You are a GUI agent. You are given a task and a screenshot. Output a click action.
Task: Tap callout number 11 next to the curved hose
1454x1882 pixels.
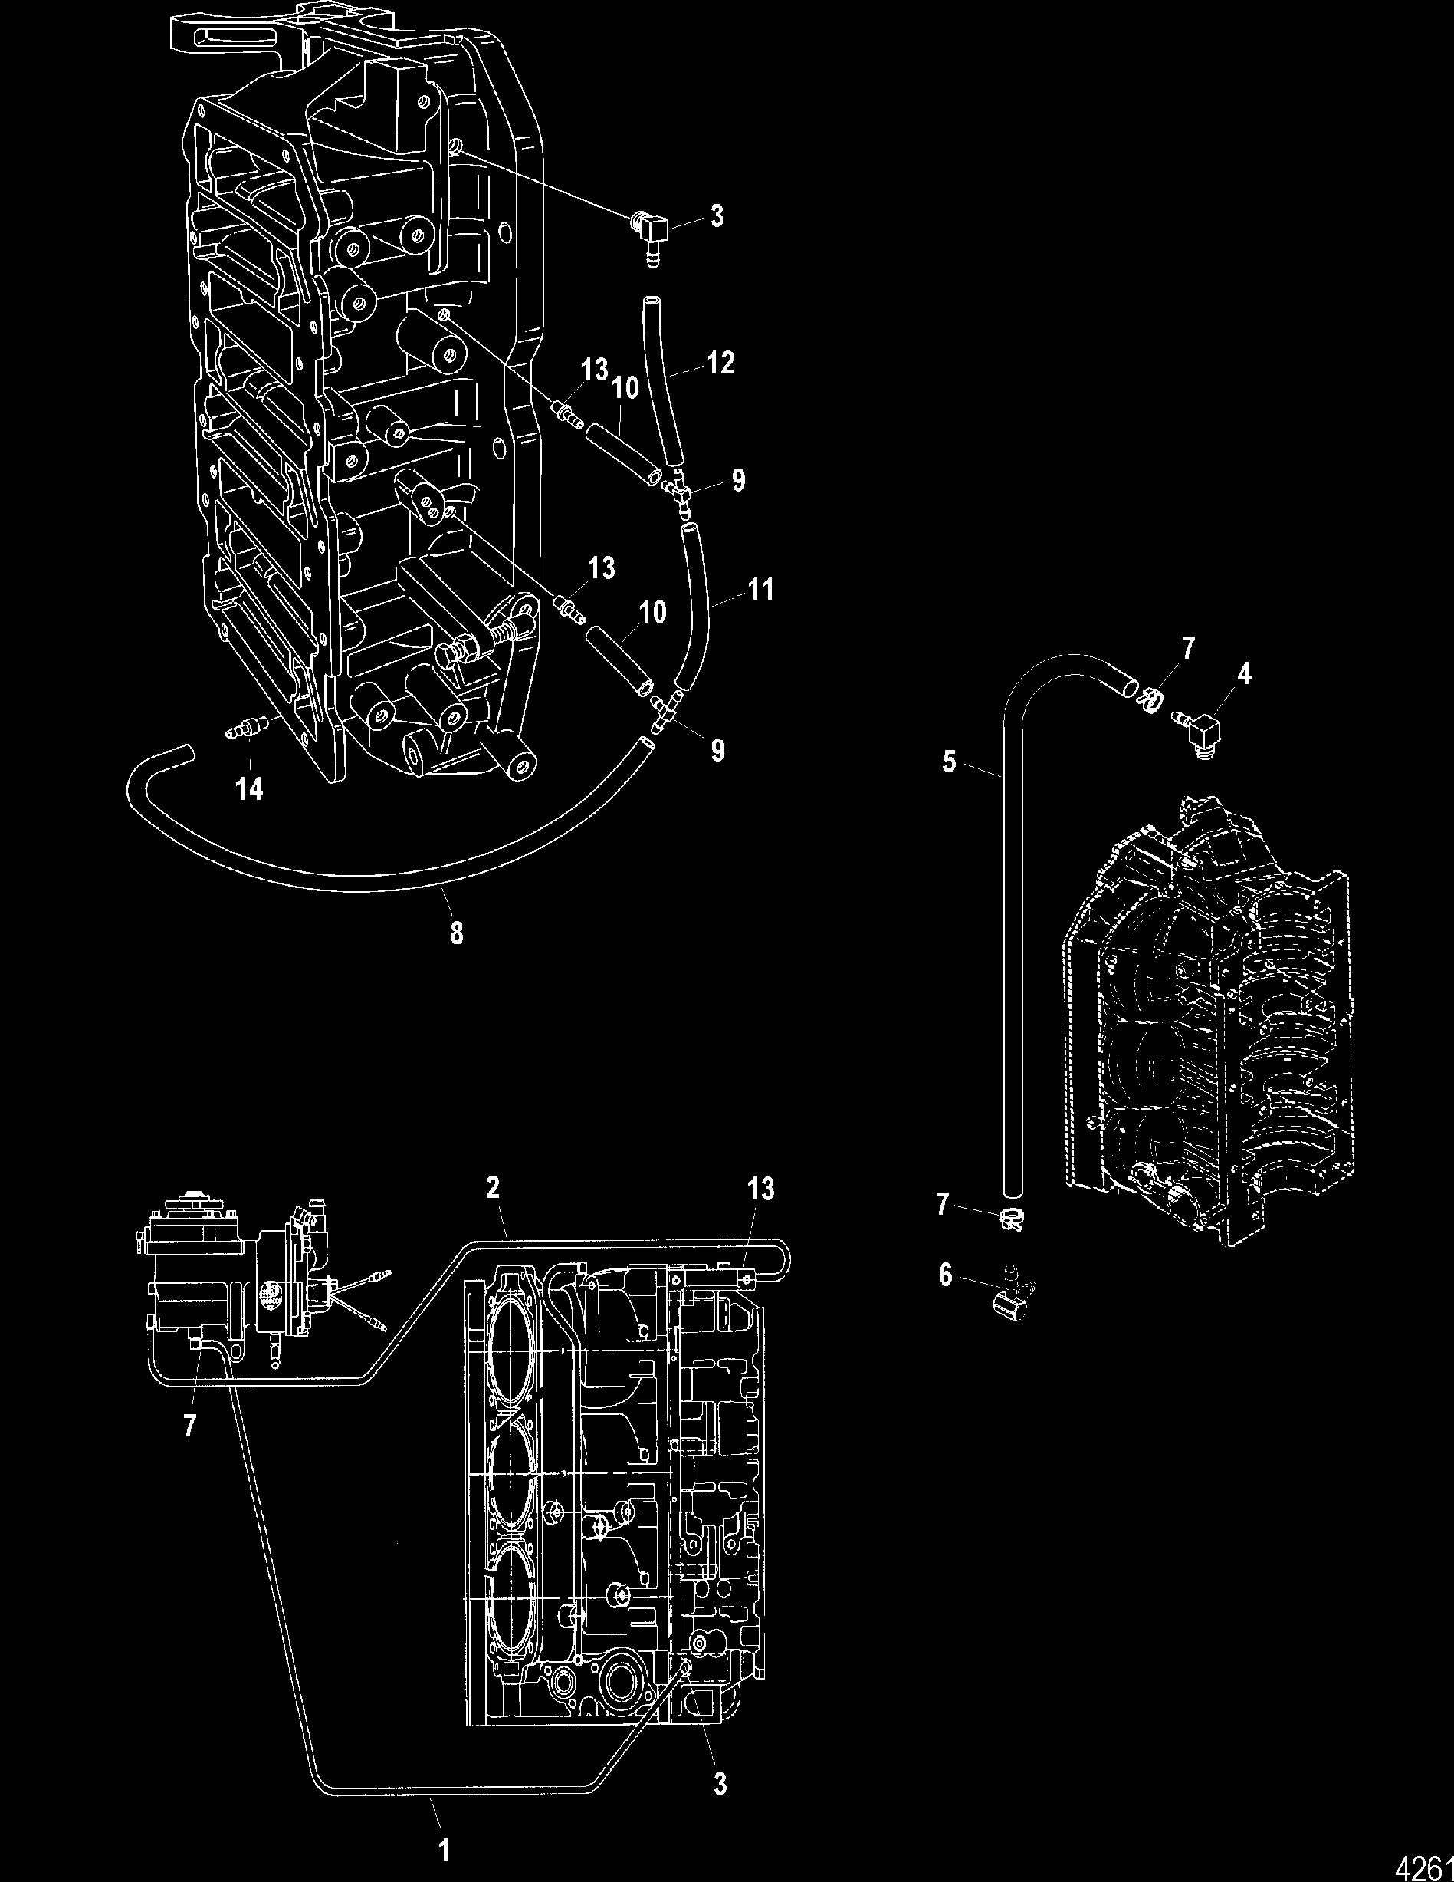(760, 591)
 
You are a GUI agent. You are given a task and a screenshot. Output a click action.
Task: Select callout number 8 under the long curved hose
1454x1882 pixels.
(455, 933)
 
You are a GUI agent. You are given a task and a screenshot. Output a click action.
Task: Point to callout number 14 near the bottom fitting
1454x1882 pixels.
(250, 788)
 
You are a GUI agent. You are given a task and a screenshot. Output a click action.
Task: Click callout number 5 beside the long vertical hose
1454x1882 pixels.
(949, 762)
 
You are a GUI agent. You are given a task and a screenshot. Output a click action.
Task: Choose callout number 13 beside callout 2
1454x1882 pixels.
(761, 1189)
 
